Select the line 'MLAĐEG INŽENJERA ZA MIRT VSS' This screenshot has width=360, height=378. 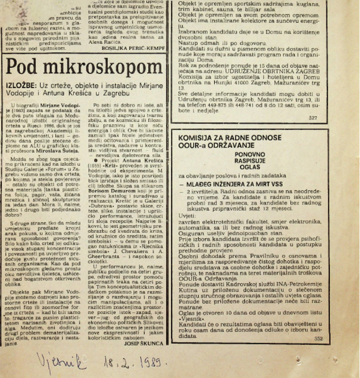[241, 184]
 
